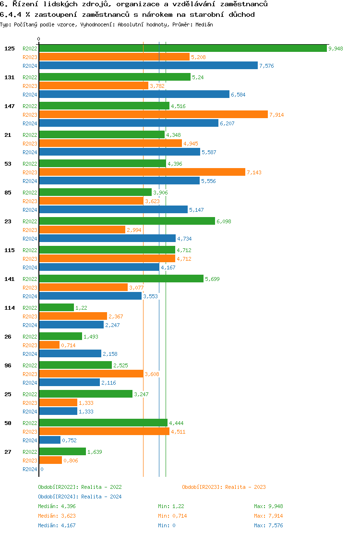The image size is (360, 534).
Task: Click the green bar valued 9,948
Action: tap(182, 48)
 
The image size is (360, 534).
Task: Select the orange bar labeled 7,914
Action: tap(153, 114)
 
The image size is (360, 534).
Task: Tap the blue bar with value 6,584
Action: tap(134, 94)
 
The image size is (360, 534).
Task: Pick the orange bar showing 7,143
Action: tap(142, 172)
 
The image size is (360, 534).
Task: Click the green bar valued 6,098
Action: tap(127, 221)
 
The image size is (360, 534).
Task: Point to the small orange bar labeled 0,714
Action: tap(49, 345)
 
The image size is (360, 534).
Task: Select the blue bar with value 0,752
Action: tap(49, 440)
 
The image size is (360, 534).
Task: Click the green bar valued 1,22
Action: tap(56, 307)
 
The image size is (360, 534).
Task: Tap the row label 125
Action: tap(9, 49)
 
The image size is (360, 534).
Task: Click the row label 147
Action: tap(9, 106)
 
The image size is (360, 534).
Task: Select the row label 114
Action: tap(9, 308)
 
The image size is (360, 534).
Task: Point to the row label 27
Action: tap(8, 452)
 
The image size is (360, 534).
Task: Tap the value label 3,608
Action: tap(152, 374)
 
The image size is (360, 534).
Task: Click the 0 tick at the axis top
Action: tap(39, 39)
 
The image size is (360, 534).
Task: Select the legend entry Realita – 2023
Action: tap(224, 487)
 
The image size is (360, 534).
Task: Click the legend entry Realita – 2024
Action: tap(80, 497)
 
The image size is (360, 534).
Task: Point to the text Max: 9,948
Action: tap(268, 506)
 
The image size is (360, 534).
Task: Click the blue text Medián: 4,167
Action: tap(57, 525)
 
